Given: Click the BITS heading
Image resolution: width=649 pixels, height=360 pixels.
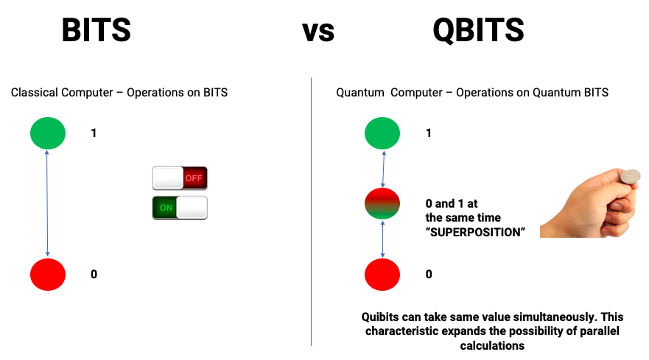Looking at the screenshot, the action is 96,29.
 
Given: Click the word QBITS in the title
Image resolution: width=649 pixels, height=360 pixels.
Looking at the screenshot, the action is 479,30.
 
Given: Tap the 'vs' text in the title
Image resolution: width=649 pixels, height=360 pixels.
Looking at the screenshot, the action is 318,32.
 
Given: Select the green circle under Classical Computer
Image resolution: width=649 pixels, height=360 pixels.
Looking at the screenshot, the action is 48,133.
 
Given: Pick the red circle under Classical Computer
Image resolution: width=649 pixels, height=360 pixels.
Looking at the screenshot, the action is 48,275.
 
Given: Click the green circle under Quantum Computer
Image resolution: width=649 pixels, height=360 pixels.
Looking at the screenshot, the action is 382,133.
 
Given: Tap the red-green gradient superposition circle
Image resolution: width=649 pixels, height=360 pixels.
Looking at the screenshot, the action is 382,204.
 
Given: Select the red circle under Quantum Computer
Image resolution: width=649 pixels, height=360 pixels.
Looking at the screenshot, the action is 382,275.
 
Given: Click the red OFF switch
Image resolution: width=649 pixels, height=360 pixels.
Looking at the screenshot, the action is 180,178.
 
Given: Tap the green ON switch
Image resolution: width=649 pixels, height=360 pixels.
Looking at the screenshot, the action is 180,208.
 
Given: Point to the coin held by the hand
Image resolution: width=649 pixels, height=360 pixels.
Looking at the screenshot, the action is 630,176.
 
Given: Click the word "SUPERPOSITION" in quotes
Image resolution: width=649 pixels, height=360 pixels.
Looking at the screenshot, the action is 475,232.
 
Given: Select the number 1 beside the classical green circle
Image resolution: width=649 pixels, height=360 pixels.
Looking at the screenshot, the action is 94,133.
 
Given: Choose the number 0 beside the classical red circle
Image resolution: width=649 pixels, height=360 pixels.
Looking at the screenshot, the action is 94,274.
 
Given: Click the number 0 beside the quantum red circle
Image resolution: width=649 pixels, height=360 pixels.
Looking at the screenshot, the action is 429,274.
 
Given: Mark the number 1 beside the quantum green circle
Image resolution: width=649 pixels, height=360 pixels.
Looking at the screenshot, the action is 429,133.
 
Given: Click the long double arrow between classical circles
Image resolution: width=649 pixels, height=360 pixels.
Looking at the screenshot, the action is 47,203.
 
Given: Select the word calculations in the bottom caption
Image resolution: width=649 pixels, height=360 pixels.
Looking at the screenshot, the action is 492,345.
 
